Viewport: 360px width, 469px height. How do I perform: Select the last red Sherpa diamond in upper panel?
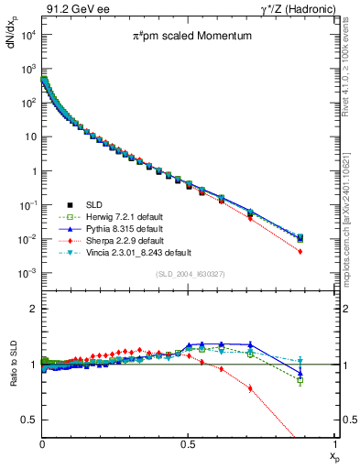(326, 251)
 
